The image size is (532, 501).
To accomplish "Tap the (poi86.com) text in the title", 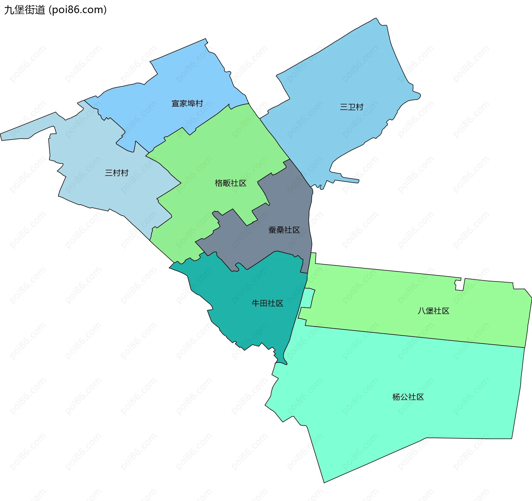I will [x=78, y=10].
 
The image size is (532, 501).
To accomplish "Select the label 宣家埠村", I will [x=187, y=104].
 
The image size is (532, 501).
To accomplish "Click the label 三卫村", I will [x=352, y=107].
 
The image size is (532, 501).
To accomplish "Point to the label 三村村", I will [x=117, y=173].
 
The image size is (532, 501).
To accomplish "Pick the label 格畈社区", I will [x=231, y=183].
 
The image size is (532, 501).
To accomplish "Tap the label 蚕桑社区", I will [x=284, y=230].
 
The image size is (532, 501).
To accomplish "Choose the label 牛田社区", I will [x=267, y=303].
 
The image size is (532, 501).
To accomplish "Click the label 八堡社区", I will [x=433, y=311].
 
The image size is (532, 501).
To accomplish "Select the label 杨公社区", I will [x=408, y=397].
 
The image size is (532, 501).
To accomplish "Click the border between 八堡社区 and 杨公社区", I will [x=416, y=336].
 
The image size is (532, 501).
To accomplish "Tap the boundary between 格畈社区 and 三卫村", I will [x=274, y=138].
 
